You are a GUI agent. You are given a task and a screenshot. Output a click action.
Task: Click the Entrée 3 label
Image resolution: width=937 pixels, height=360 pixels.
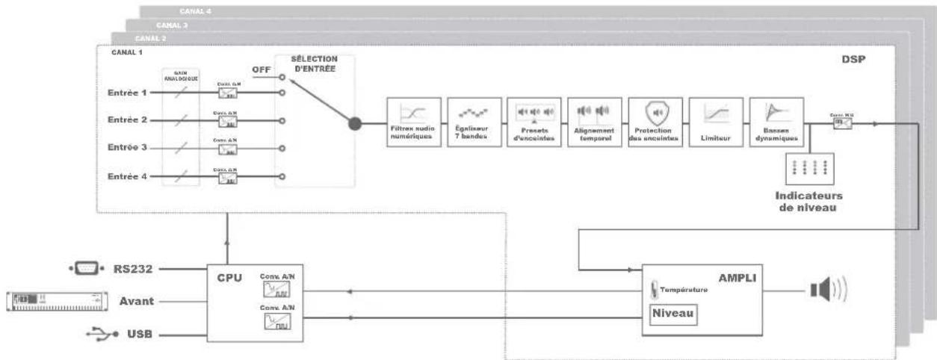126,149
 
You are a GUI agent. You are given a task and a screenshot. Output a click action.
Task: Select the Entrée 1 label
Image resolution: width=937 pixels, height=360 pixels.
126,93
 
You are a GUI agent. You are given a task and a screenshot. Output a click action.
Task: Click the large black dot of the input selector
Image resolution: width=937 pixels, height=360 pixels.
355,124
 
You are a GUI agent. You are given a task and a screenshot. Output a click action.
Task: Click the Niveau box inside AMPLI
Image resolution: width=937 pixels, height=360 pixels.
673,314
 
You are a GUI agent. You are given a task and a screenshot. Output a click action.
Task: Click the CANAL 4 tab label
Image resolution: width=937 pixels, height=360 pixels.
195,11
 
